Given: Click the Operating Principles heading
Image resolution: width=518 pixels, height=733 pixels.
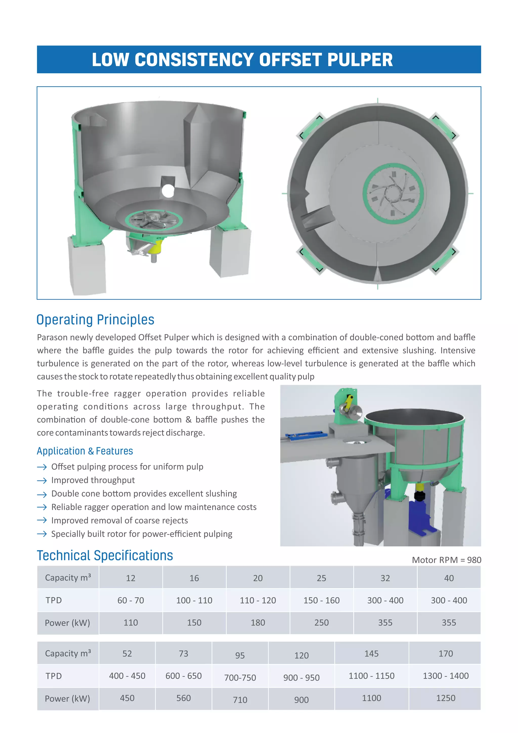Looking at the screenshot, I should coord(95,320).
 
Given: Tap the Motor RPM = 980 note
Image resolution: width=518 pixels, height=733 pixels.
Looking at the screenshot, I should coord(446,560).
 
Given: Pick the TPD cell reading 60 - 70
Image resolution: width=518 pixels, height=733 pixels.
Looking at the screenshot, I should coord(131,600).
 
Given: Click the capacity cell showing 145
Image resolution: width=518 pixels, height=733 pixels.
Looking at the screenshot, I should coord(371,654).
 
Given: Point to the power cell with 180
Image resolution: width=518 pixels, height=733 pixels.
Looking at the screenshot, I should coord(258,623).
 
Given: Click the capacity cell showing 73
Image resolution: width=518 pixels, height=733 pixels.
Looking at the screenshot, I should coord(183,654).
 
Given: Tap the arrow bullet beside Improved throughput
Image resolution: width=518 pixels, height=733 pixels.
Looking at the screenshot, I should coord(42,480).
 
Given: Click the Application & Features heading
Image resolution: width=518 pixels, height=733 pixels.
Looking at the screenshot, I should coord(85,451).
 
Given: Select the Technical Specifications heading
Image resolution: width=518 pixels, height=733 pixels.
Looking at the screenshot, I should coord(105,556).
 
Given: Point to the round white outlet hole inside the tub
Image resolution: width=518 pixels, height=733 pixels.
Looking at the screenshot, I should coord(168,191).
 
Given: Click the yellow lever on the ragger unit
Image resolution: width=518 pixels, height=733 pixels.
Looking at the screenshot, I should coord(349,402).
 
